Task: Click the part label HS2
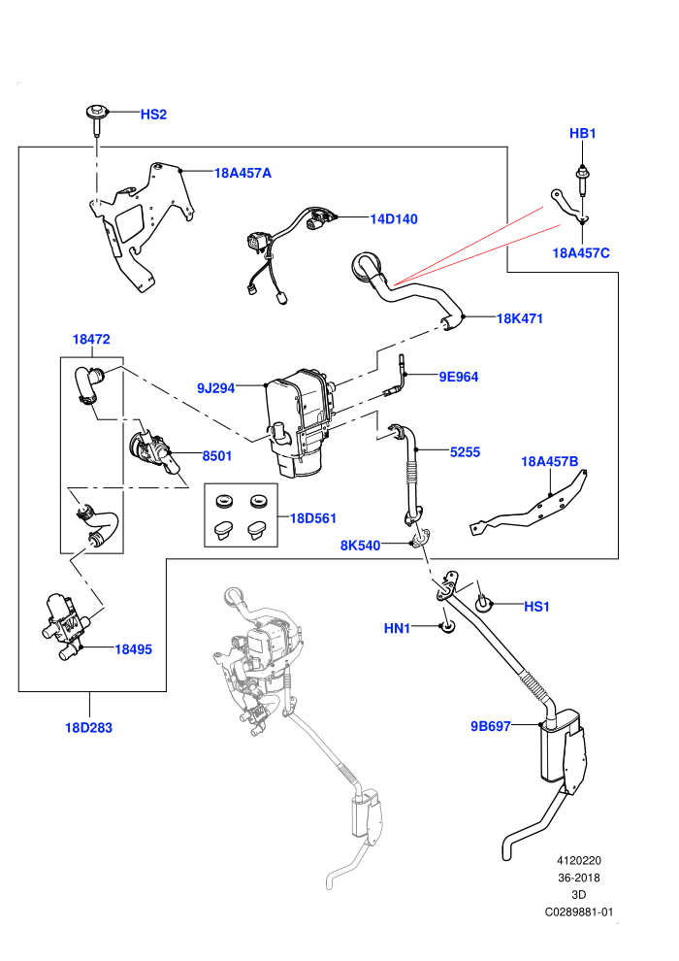(x=153, y=115)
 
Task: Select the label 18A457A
(x=242, y=173)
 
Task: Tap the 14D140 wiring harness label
(x=394, y=218)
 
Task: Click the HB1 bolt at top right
(x=582, y=180)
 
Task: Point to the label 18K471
(x=519, y=318)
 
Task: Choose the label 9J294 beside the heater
(x=215, y=388)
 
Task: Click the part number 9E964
(x=459, y=377)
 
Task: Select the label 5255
(x=465, y=452)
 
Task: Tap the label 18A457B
(x=549, y=461)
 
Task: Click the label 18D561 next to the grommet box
(x=313, y=518)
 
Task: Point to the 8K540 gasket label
(x=360, y=546)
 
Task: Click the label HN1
(x=397, y=628)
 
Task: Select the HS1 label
(x=537, y=607)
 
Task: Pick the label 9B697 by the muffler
(x=491, y=726)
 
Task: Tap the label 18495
(x=134, y=649)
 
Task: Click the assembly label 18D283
(x=89, y=728)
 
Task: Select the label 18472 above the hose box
(x=91, y=339)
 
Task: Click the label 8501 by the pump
(x=216, y=456)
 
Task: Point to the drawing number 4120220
(x=578, y=860)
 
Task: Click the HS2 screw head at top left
(x=96, y=113)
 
